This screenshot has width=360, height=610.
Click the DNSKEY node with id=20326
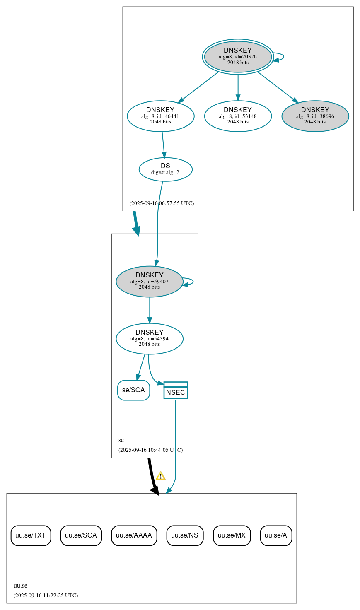tap(238, 57)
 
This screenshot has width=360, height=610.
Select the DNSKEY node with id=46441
tap(160, 116)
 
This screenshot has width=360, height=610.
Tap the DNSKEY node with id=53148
tap(238, 116)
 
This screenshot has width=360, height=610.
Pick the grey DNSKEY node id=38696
tap(315, 116)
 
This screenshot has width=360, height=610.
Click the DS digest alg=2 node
tap(165, 169)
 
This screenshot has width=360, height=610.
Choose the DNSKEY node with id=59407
tap(150, 281)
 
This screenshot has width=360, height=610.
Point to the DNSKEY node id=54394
tap(150, 338)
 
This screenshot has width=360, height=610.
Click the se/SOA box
tap(133, 390)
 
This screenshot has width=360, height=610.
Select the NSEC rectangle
tap(176, 391)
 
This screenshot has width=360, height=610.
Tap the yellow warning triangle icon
tap(161, 476)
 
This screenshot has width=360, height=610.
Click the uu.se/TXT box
tap(31, 535)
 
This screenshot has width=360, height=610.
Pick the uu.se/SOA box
tap(81, 535)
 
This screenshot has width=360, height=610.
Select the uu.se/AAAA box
tap(134, 535)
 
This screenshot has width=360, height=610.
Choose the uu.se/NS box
tap(185, 535)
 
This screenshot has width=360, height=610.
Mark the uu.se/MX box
tap(232, 535)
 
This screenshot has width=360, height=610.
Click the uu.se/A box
tap(276, 535)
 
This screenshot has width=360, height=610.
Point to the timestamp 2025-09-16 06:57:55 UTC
tap(162, 203)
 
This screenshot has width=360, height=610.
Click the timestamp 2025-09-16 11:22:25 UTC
tap(46, 596)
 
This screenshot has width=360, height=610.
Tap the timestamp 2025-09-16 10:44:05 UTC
tap(150, 450)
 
